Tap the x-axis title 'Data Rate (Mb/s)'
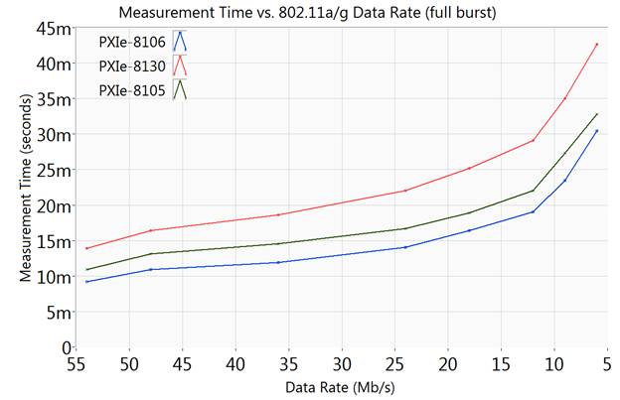click(x=344, y=386)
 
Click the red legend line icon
click(x=180, y=67)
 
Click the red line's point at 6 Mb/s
click(x=596, y=44)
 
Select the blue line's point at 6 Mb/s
click(x=596, y=131)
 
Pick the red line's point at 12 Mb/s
click(x=533, y=140)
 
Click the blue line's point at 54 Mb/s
click(x=87, y=282)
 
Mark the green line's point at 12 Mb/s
click(x=533, y=191)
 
